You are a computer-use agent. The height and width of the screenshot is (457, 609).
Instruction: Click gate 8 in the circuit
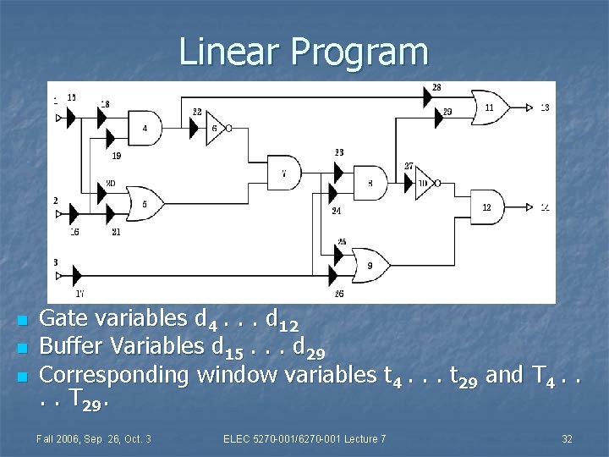point(370,182)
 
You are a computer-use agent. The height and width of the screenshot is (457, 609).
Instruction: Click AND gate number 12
point(486,207)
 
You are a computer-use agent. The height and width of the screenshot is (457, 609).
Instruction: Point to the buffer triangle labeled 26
point(336,273)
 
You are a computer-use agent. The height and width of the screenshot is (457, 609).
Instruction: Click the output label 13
point(544,107)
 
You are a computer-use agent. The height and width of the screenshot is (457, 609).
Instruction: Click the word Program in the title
point(361,52)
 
